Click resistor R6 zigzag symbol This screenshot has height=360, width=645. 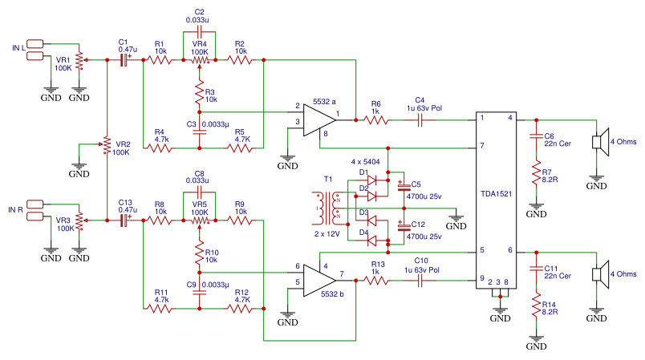click(375, 120)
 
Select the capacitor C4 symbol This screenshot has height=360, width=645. click(420, 120)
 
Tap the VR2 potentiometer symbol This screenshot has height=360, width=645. click(107, 144)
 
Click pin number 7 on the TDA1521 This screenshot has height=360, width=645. click(481, 147)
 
